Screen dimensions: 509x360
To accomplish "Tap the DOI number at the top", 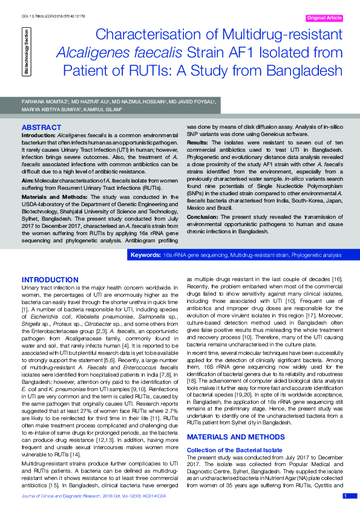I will point(45,14).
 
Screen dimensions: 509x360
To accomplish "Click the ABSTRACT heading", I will point(41,128).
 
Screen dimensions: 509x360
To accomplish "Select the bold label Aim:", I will point(28,180).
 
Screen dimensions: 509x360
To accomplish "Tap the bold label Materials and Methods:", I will point(52,197).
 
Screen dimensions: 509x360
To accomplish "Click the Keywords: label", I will point(146,256).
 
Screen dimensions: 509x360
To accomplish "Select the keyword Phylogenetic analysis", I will point(316,256).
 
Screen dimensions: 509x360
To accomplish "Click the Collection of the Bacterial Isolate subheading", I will point(234,416).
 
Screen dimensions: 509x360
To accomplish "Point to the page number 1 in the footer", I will point(345,496).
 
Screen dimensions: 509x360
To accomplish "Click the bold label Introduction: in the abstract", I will point(38,137).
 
